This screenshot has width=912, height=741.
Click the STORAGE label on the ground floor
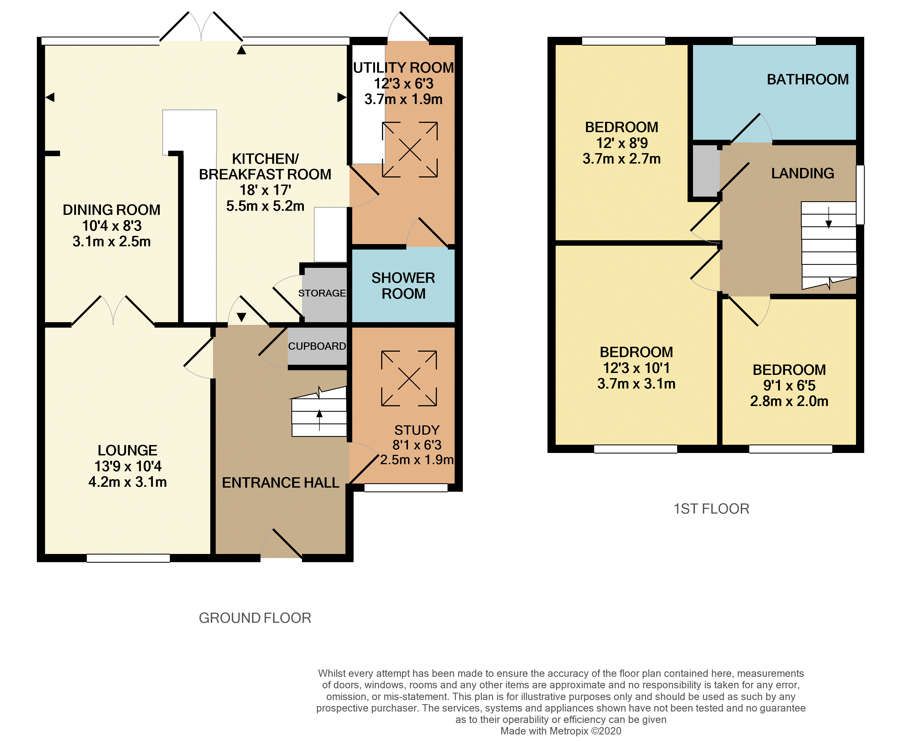pyautogui.click(x=322, y=293)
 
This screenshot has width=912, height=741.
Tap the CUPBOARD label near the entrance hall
pyautogui.click(x=317, y=346)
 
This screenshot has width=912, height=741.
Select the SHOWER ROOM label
pyautogui.click(x=403, y=286)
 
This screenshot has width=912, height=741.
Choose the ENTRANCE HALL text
pyautogui.click(x=280, y=483)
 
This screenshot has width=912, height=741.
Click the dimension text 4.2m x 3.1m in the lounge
pyautogui.click(x=128, y=482)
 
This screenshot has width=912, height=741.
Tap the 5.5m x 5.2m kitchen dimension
pyautogui.click(x=265, y=206)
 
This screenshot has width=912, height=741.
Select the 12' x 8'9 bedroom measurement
pyautogui.click(x=622, y=143)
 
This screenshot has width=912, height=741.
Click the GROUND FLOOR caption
pyautogui.click(x=255, y=618)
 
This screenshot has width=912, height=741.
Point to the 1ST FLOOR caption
pyautogui.click(x=711, y=509)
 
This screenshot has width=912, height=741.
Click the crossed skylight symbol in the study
pyautogui.click(x=409, y=378)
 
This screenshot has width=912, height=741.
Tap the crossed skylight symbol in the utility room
pyautogui.click(x=410, y=149)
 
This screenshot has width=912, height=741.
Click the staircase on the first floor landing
pyautogui.click(x=829, y=245)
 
